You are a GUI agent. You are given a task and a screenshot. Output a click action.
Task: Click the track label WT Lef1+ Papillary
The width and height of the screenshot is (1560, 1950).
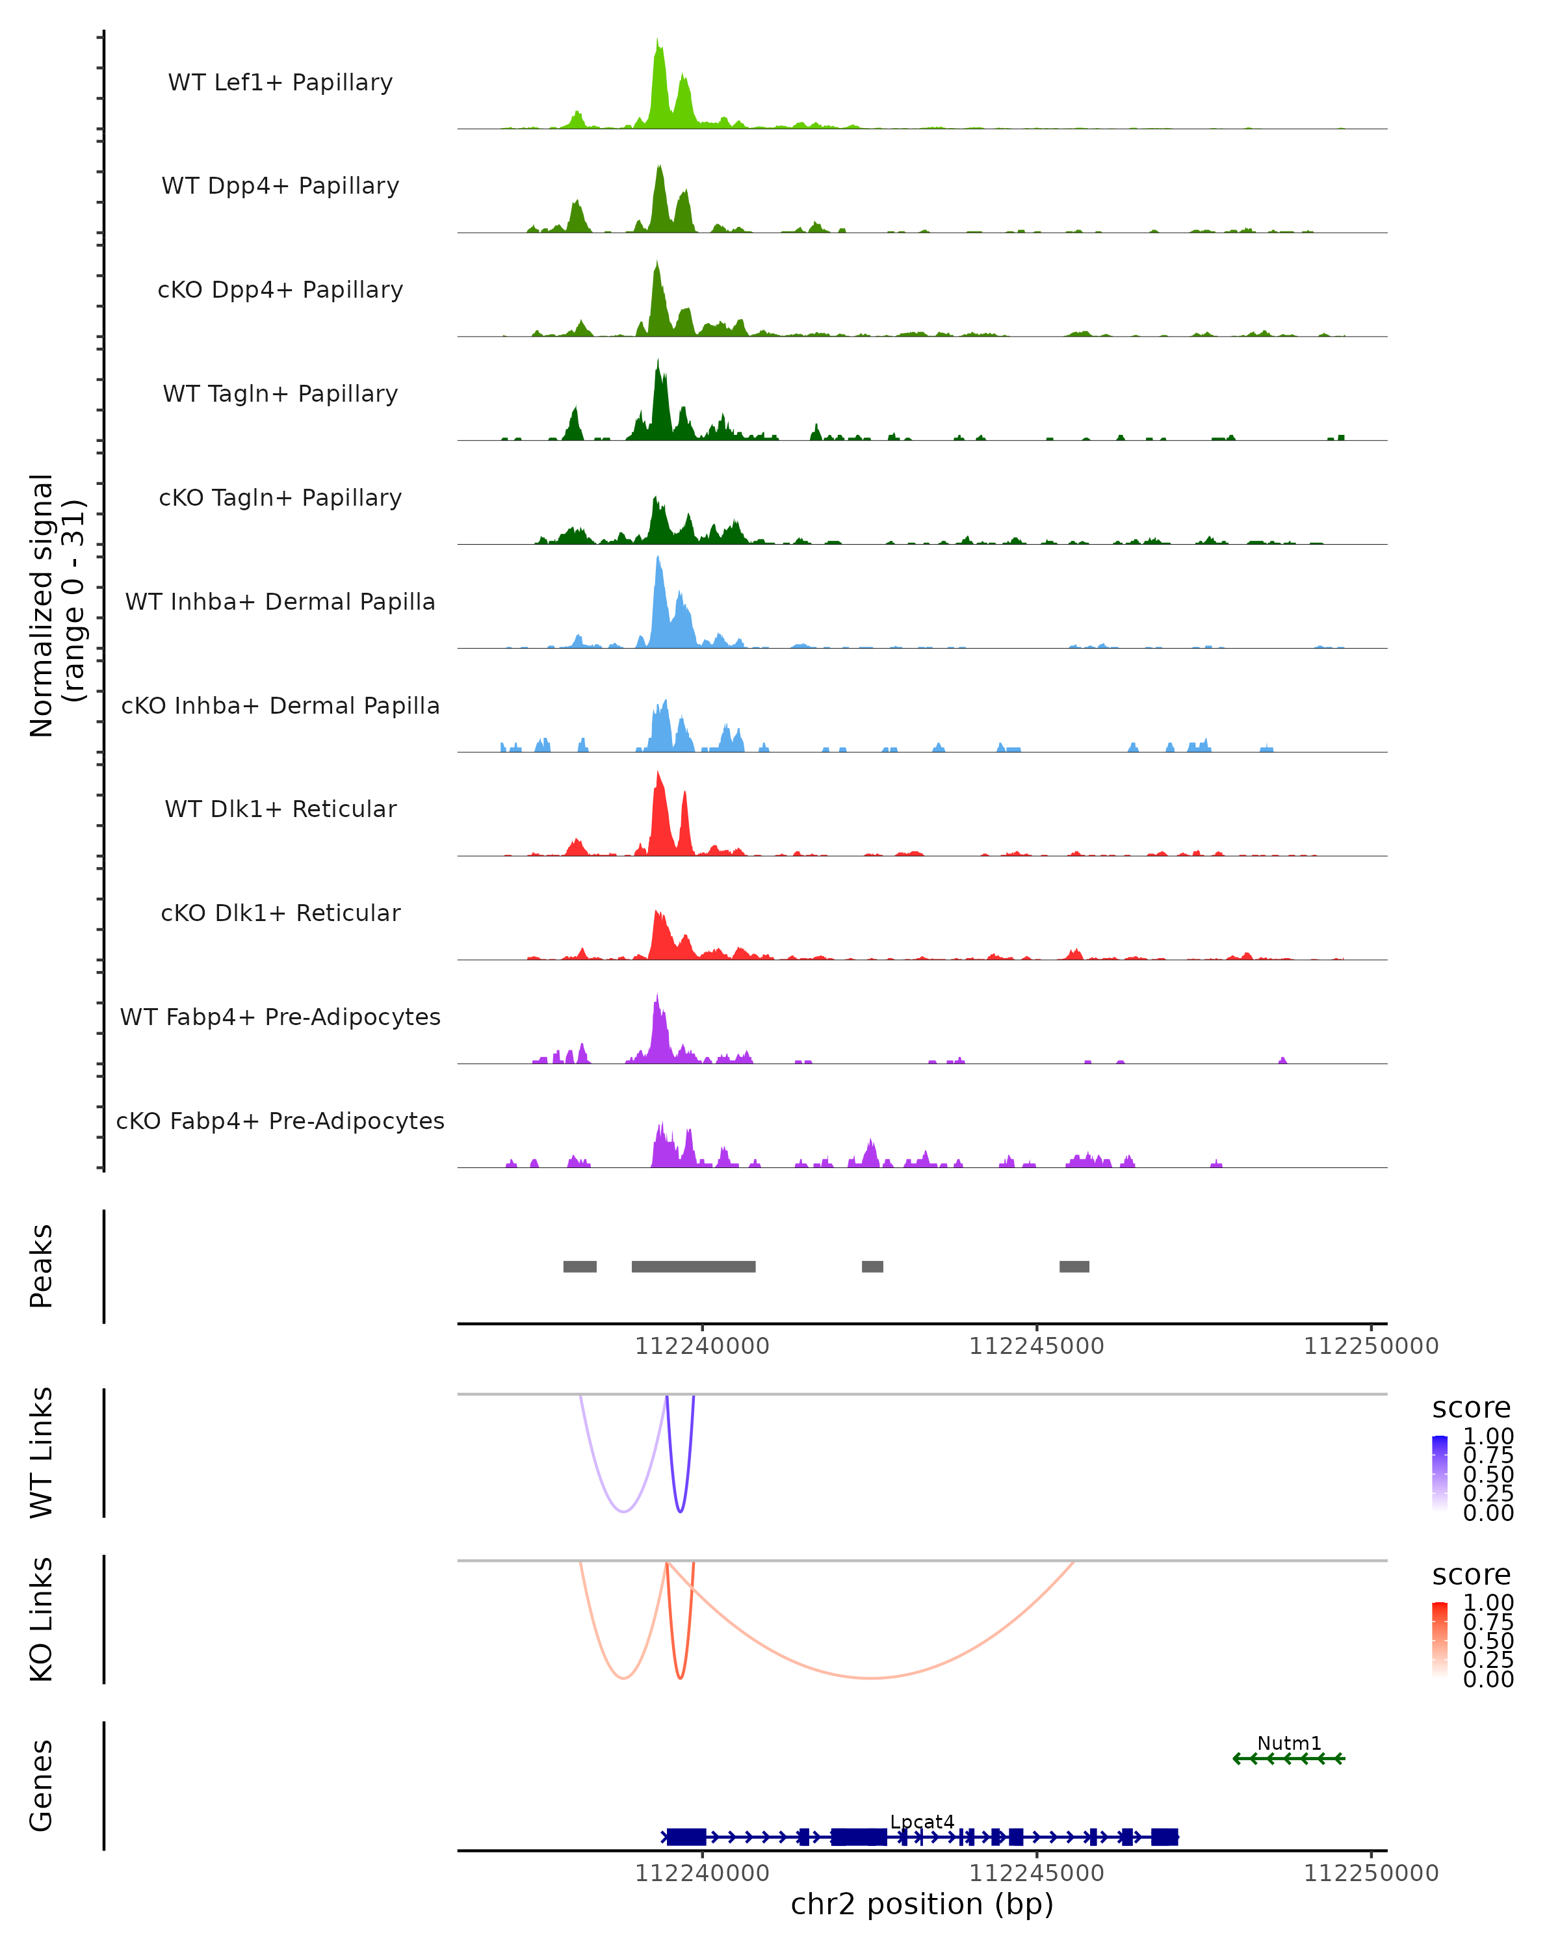click(x=280, y=83)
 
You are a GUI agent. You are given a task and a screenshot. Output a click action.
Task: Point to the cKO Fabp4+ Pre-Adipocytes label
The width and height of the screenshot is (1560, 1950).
click(x=280, y=1121)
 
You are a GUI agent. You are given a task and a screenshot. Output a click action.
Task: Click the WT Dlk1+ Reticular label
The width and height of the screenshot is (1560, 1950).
click(x=280, y=809)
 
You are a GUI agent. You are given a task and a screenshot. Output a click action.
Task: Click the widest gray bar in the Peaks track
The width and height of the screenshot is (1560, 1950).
click(x=693, y=1266)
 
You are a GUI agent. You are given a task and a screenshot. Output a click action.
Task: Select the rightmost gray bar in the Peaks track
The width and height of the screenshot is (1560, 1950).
click(x=1074, y=1266)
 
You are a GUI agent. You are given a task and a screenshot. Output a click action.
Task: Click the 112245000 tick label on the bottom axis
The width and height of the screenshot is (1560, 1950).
click(x=1036, y=1873)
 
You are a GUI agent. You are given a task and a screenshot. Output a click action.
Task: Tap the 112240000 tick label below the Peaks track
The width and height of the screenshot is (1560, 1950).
click(x=702, y=1346)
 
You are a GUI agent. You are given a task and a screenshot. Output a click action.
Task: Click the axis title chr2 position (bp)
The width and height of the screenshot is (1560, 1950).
click(x=922, y=1904)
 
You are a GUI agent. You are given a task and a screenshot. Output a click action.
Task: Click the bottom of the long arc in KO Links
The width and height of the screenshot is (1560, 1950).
click(x=870, y=1678)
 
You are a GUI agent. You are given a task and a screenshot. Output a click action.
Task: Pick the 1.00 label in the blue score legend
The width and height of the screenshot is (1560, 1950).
click(x=1488, y=1436)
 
